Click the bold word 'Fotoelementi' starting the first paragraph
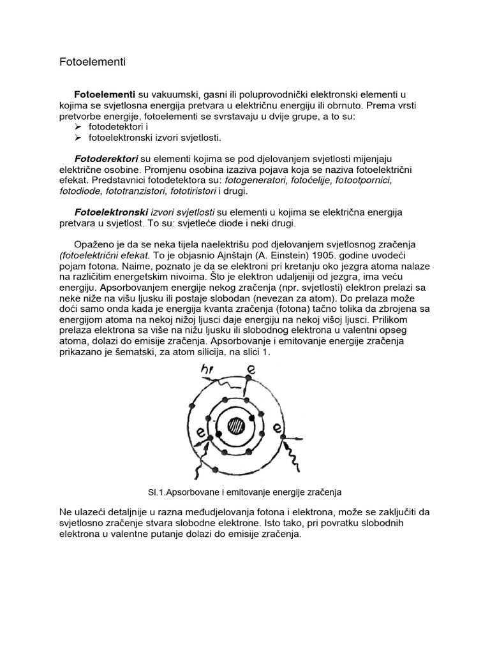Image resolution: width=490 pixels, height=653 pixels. pyautogui.click(x=104, y=94)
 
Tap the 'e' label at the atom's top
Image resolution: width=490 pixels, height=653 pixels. pyautogui.click(x=252, y=369)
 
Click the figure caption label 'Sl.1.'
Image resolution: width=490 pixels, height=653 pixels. pyautogui.click(x=158, y=492)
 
